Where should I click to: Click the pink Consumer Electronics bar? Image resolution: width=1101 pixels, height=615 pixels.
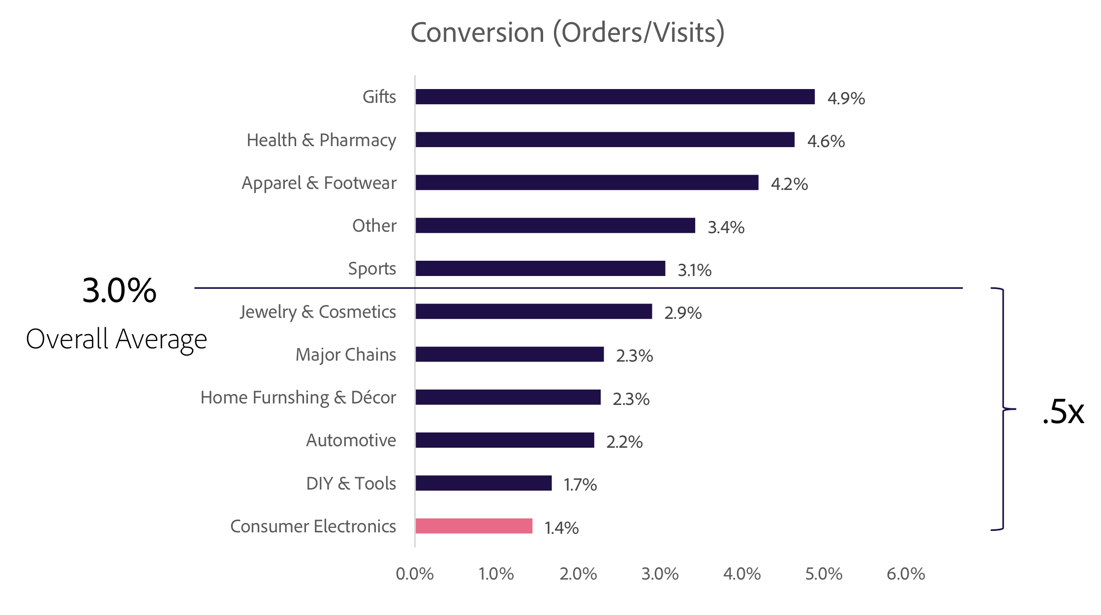474,526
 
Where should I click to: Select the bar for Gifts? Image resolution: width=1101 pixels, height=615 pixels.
615,97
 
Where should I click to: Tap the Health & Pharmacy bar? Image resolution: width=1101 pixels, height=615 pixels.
605,140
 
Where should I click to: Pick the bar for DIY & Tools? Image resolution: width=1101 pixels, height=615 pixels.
483,483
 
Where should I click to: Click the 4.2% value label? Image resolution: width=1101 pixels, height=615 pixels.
789,184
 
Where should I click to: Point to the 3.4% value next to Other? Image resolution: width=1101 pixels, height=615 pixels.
726,227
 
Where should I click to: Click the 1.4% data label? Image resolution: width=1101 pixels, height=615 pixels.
561,528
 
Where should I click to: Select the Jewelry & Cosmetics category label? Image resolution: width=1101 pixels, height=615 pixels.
318,312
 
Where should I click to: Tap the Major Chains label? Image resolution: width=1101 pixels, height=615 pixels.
345,355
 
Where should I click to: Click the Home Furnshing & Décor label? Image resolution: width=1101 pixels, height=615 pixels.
298,398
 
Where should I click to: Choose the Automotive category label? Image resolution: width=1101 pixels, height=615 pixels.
351,440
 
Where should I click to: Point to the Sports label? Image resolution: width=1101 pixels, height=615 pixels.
372,269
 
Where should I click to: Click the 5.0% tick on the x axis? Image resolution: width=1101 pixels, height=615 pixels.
824,574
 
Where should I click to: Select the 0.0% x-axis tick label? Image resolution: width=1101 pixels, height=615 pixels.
415,574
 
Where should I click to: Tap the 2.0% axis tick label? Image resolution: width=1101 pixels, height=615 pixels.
578,574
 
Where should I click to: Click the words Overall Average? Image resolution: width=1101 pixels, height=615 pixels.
117,339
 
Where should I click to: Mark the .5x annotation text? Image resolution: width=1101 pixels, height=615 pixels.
1063,412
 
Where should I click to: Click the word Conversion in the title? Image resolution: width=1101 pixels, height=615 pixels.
477,33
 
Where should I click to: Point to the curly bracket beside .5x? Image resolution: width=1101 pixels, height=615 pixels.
1003,408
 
